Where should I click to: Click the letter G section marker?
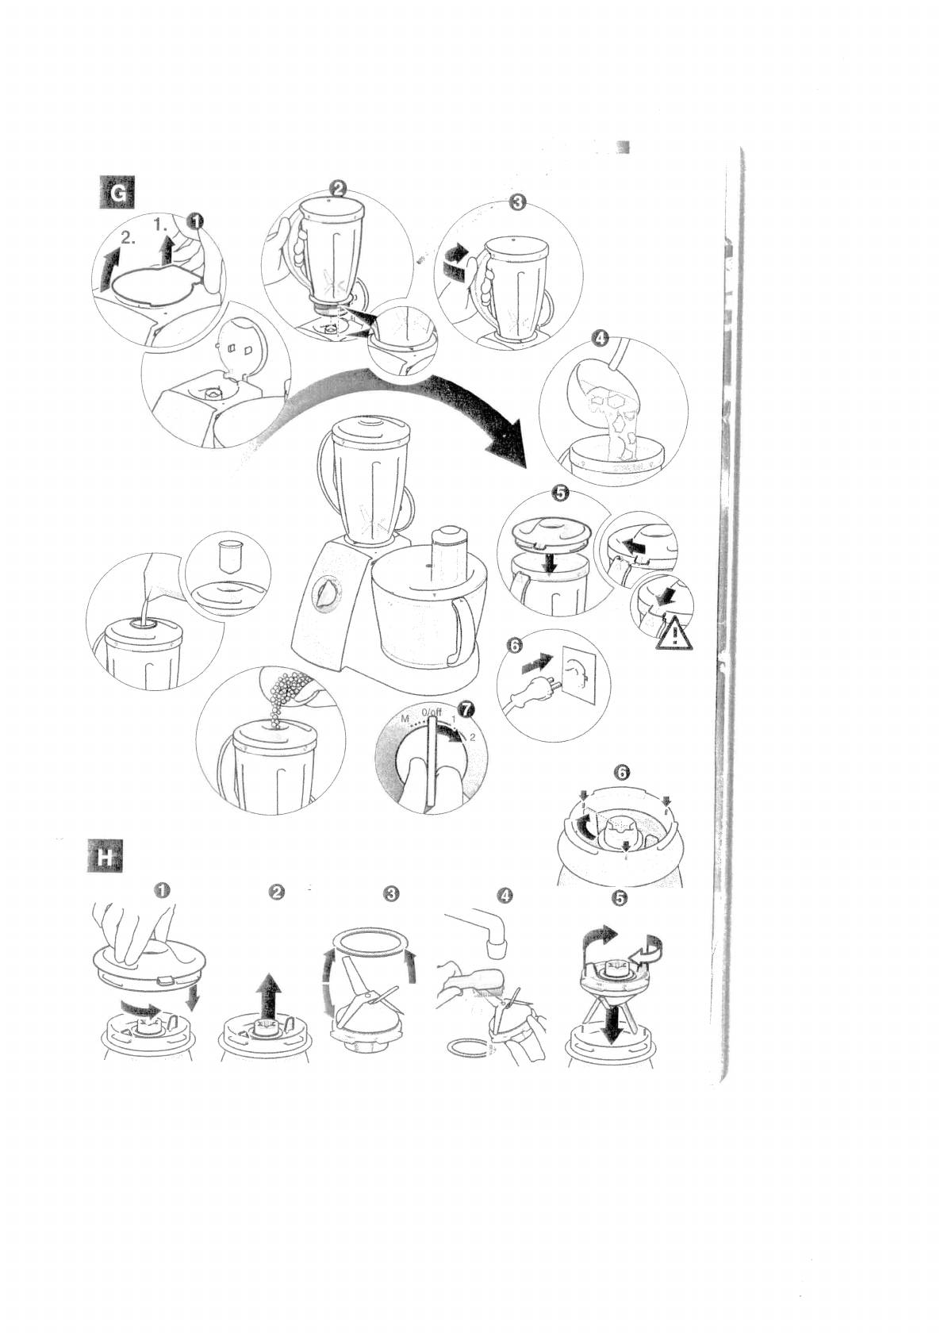click(116, 193)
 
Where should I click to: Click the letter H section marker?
click(103, 857)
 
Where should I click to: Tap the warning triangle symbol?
click(673, 634)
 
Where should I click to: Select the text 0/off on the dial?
click(432, 712)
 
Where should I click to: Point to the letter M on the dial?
click(405, 719)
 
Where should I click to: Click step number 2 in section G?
click(338, 188)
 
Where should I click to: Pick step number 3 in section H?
click(390, 893)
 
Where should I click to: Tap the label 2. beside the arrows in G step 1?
click(130, 236)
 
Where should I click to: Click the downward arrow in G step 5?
click(543, 562)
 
